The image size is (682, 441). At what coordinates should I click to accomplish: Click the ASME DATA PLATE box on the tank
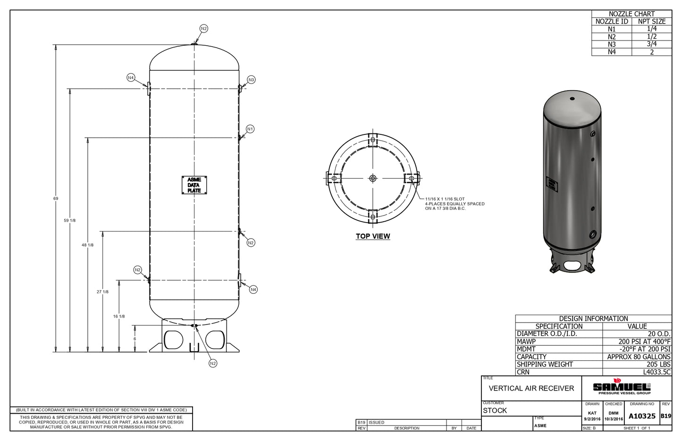[194, 185]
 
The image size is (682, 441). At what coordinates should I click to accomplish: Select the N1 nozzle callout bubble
[250, 129]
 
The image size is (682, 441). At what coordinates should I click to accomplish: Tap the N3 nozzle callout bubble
[251, 80]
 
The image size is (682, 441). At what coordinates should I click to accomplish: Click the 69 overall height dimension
[56, 199]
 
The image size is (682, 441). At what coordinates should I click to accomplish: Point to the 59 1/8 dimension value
[70, 220]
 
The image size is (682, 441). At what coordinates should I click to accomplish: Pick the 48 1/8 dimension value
[88, 245]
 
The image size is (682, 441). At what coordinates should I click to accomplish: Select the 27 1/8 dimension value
[102, 291]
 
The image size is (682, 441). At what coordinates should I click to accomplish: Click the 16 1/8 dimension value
[119, 316]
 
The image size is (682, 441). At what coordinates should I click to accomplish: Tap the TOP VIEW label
[373, 236]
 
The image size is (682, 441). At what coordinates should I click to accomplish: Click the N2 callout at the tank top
[204, 29]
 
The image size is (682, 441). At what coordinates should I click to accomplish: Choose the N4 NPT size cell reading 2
[652, 52]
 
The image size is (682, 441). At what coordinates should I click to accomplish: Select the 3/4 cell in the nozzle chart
[652, 44]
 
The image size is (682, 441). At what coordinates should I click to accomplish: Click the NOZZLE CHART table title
[632, 14]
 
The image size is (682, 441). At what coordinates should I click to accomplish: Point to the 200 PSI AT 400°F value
[645, 341]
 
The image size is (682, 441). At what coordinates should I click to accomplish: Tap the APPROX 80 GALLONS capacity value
[639, 357]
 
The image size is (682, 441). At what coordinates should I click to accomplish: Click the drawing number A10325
[642, 416]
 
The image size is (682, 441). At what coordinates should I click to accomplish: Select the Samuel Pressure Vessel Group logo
[622, 386]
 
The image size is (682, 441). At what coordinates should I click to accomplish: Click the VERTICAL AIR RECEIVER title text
[531, 388]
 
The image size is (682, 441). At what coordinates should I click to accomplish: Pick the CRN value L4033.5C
[657, 372]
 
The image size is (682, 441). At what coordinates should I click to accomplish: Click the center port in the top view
[373, 178]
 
